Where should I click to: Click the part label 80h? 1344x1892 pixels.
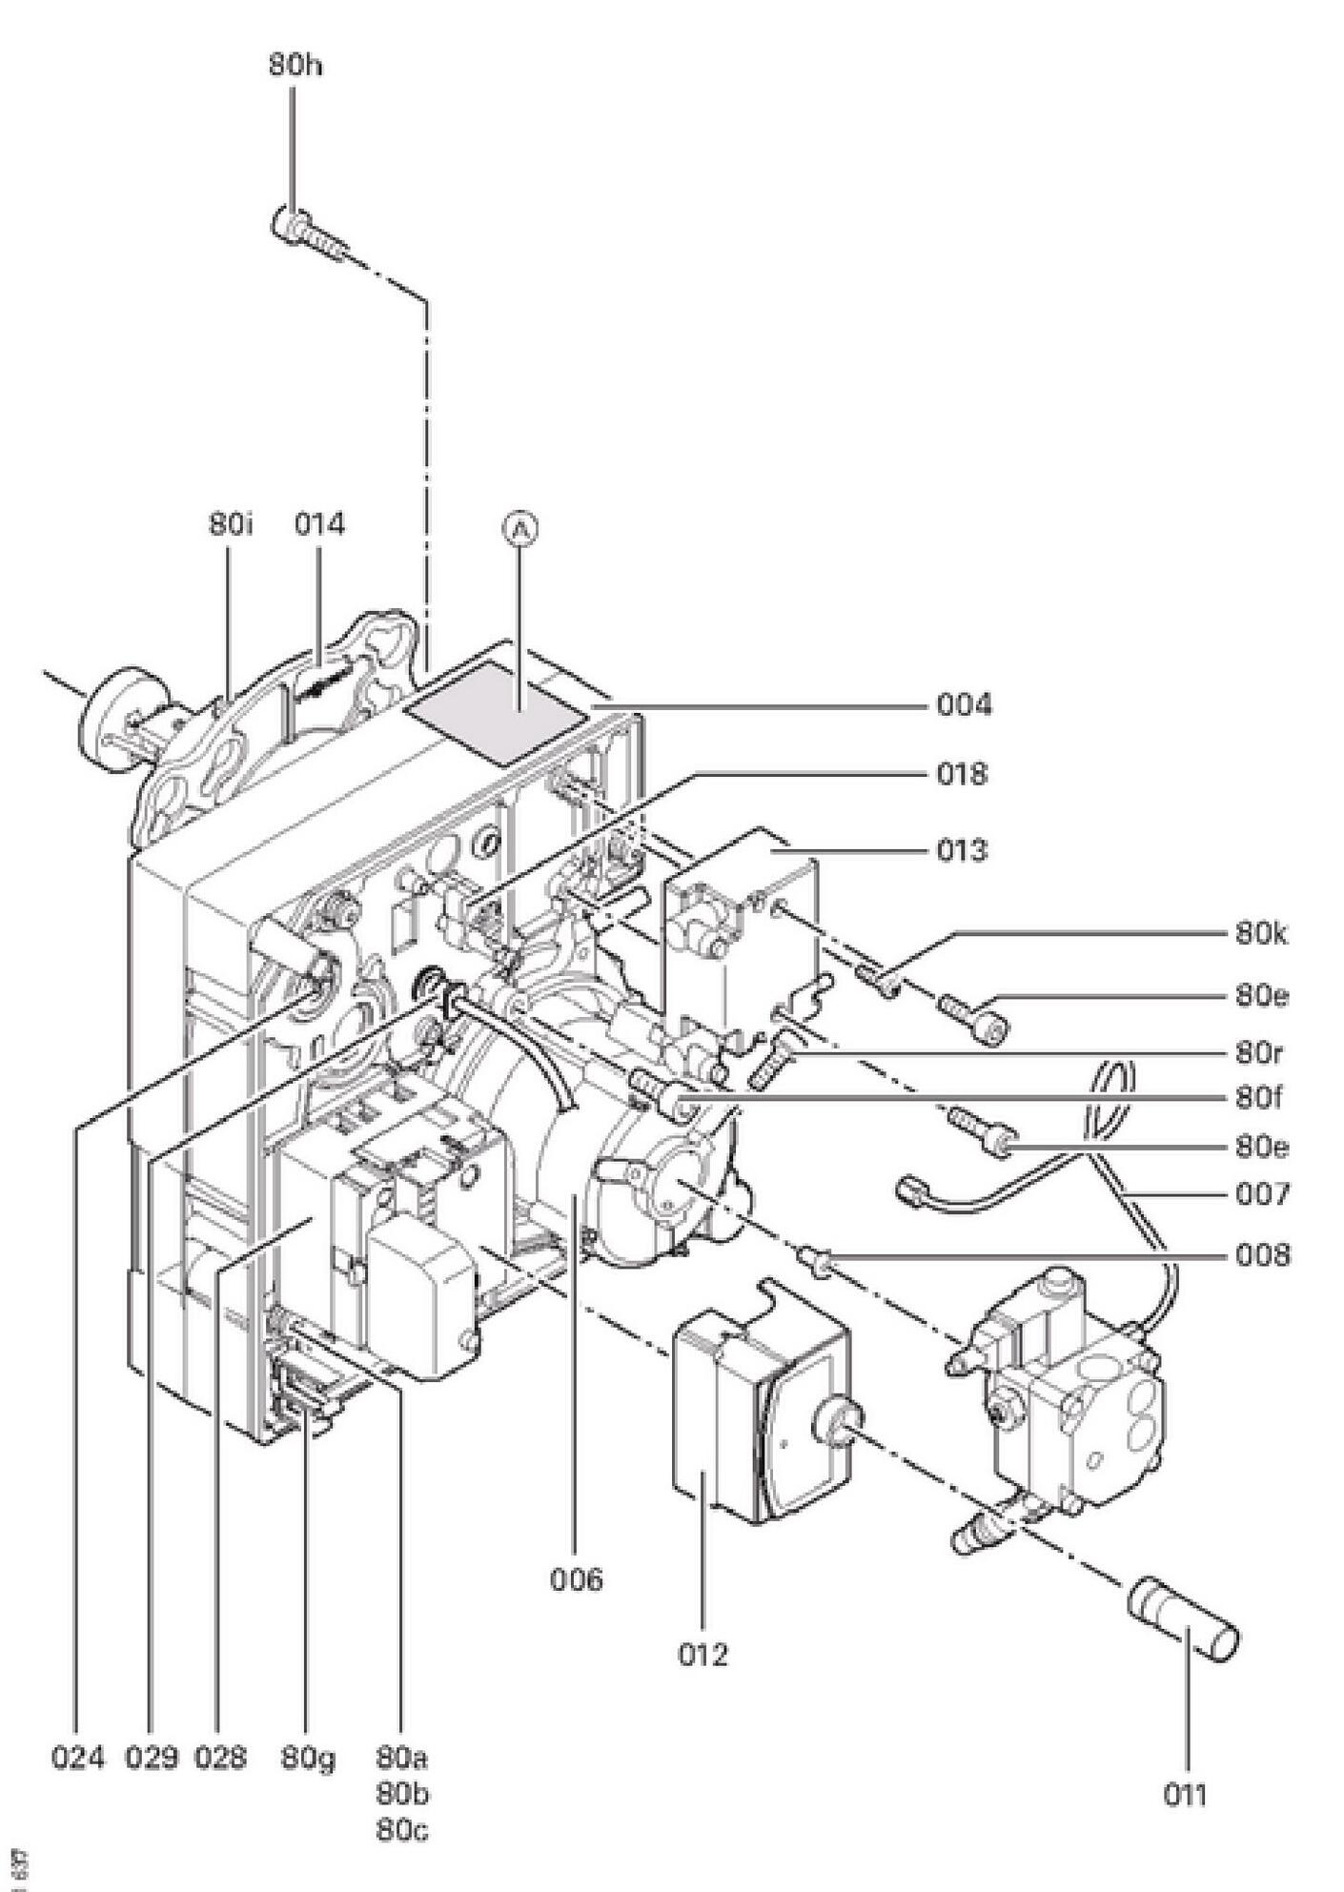[x=294, y=68]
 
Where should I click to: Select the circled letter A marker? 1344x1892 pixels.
[x=520, y=529]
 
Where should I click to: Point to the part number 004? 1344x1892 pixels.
[x=963, y=705]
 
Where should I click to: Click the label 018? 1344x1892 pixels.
[x=961, y=774]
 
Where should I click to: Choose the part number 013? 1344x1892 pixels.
[x=961, y=849]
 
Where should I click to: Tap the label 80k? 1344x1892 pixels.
[x=1260, y=934]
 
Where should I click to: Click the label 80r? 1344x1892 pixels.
[x=1258, y=1053]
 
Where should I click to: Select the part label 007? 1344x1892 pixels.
[x=1260, y=1193]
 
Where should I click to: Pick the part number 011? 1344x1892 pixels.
[x=1185, y=1796]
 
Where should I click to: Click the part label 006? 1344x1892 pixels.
[x=576, y=1579]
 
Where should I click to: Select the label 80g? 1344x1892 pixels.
[x=307, y=1758]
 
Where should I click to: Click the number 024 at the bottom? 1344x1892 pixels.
[x=77, y=1758]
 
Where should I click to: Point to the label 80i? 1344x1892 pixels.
[x=231, y=525]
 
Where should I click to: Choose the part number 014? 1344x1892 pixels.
[x=318, y=525]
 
